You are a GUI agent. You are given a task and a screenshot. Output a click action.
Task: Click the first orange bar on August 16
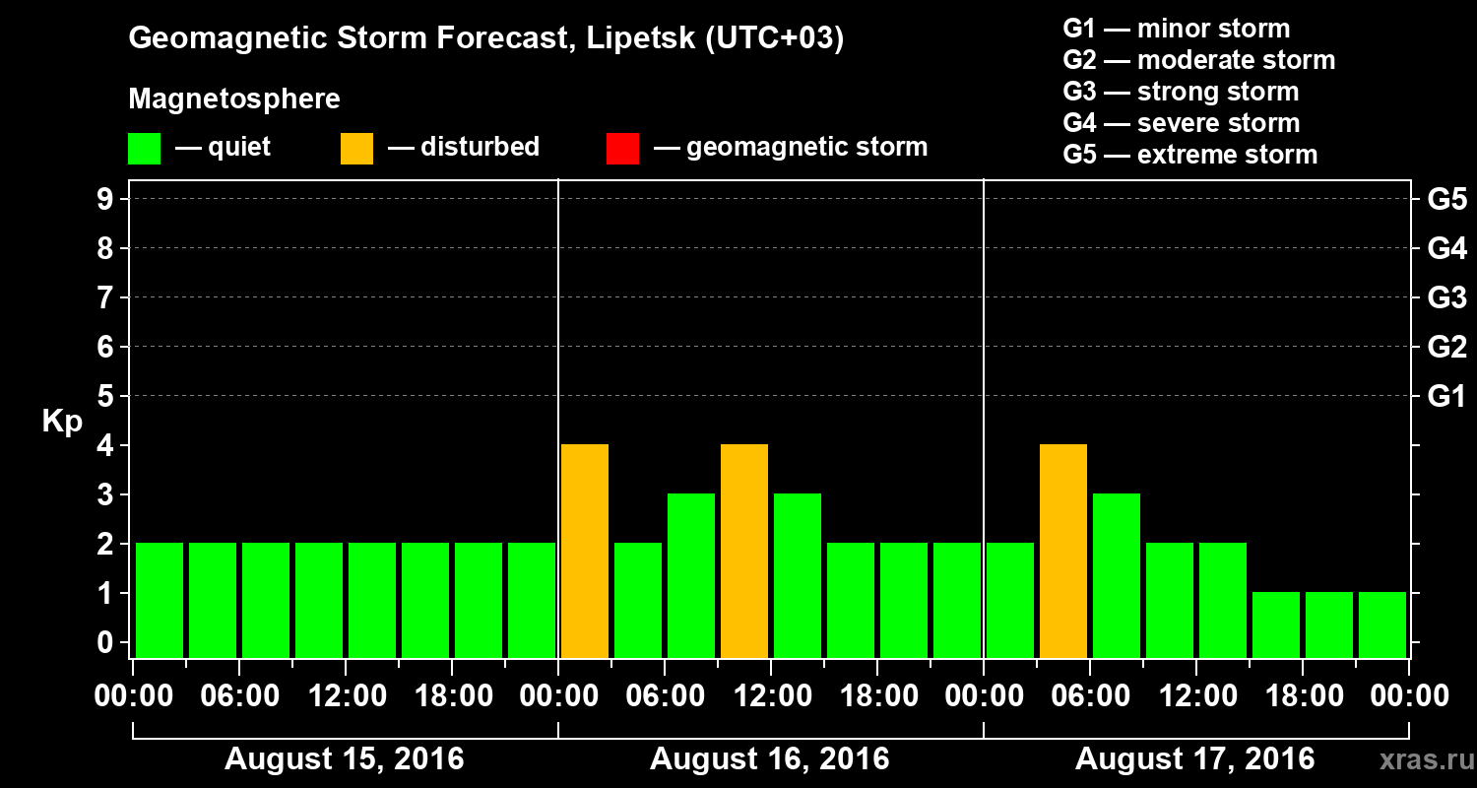[x=585, y=551]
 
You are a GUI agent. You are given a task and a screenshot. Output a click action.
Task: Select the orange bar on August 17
[x=1063, y=551]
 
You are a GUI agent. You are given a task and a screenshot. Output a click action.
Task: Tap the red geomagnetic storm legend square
[x=622, y=148]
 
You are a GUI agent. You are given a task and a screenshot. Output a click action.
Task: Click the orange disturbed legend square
[x=356, y=148]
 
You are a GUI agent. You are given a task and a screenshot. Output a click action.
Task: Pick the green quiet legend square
[x=144, y=148]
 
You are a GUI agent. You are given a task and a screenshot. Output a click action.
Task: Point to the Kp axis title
[x=62, y=422]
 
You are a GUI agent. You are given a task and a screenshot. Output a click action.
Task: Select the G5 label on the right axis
[x=1446, y=200]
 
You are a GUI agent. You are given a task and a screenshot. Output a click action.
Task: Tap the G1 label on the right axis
[x=1446, y=397]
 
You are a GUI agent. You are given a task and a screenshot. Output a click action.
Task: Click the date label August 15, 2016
[x=345, y=759]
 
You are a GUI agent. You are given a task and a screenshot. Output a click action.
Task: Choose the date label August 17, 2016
[x=1194, y=759]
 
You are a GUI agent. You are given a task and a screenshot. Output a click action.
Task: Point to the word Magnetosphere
[x=234, y=99]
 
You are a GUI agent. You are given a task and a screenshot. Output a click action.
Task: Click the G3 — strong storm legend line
[x=1181, y=92]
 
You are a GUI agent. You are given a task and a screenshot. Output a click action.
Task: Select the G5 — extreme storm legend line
[x=1189, y=155]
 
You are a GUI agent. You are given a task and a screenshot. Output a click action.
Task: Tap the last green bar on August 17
[x=1382, y=624]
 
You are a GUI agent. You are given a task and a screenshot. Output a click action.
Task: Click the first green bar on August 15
[x=160, y=600]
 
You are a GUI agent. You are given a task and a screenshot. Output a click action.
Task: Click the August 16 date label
[x=769, y=759]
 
